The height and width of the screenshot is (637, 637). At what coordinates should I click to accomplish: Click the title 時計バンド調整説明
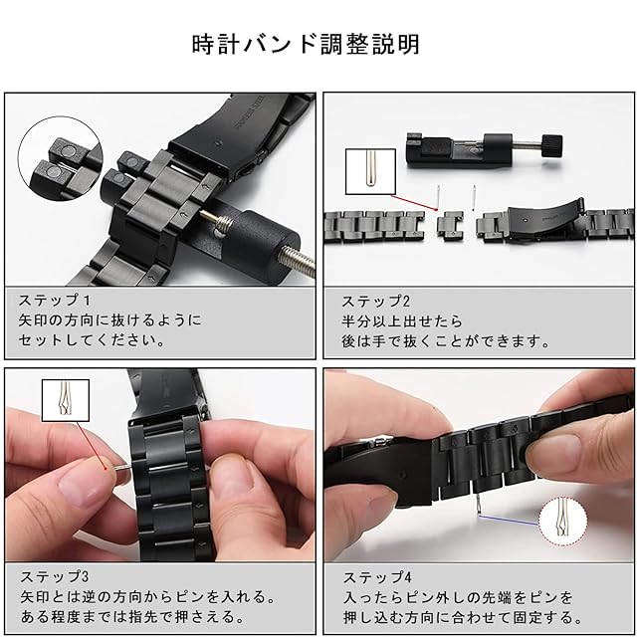pos(306,44)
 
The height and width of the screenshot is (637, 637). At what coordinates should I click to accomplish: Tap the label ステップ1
pos(55,301)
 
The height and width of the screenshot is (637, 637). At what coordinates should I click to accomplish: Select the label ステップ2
pos(376,301)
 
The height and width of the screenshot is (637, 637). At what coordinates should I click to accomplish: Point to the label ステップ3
pos(55,576)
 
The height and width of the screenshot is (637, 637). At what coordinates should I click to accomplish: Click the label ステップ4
pos(377,577)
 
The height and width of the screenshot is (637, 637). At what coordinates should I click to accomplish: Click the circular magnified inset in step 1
pos(60,158)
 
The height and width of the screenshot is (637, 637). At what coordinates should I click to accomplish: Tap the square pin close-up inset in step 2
pos(370,171)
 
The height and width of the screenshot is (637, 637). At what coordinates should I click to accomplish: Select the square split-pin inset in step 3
pos(66,400)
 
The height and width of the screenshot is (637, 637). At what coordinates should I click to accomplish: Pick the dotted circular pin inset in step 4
pos(563,522)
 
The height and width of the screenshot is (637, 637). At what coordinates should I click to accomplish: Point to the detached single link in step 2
pos(450,226)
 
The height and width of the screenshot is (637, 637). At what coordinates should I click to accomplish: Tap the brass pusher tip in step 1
pos(208,216)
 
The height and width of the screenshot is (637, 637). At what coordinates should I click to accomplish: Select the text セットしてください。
pos(92,340)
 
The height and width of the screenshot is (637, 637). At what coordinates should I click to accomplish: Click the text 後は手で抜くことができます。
pos(446,341)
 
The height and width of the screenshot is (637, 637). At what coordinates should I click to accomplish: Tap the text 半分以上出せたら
pos(402,320)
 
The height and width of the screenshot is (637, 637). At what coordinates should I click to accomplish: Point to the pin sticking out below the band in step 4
pos(480,503)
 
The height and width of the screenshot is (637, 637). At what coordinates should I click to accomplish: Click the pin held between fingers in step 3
pos(122,468)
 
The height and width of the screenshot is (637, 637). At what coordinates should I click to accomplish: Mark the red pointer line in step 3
pos(92,445)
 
